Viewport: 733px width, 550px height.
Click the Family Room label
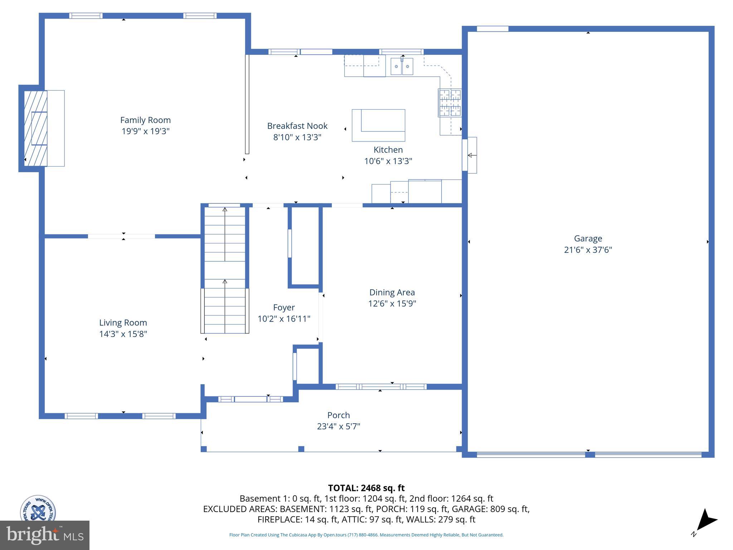point(145,120)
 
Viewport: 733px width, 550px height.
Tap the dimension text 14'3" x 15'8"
point(123,334)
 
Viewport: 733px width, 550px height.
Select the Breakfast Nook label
point(297,126)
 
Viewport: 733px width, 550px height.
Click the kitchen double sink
point(402,67)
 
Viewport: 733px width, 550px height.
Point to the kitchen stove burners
point(450,103)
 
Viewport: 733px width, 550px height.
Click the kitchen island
point(378,125)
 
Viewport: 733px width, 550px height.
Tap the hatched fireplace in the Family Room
point(35,128)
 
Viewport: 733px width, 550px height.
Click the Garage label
point(588,238)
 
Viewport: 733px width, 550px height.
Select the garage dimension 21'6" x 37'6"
point(588,250)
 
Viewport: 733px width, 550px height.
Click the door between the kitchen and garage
point(469,155)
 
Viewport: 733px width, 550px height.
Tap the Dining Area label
point(392,292)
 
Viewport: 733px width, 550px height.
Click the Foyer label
point(284,307)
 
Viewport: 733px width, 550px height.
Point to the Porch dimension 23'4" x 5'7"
point(338,426)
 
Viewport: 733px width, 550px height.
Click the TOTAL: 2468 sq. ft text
point(366,488)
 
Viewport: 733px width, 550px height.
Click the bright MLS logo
point(44,535)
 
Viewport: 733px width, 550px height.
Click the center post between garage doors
point(589,455)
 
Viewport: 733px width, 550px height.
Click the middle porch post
point(301,449)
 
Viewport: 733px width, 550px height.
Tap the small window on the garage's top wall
point(492,29)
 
